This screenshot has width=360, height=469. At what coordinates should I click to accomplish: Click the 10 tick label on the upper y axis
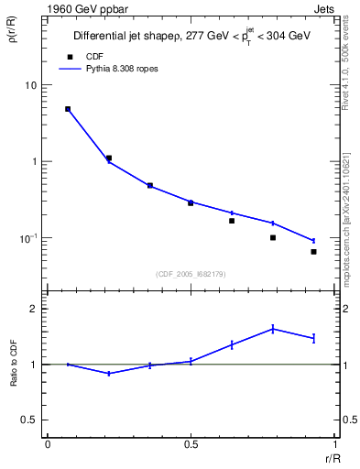(x=30, y=85)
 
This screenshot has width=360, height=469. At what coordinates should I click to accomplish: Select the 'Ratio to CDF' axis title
(x=14, y=364)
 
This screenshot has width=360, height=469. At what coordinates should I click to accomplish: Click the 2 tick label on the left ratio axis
(x=33, y=309)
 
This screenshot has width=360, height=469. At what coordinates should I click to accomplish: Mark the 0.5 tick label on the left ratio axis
(x=29, y=420)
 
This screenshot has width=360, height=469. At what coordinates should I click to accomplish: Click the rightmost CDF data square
(x=313, y=252)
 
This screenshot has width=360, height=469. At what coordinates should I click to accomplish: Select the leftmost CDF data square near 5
(x=68, y=109)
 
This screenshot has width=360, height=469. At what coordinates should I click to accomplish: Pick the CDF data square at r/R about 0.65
(x=232, y=221)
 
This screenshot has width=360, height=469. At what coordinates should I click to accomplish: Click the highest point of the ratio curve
(x=273, y=329)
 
